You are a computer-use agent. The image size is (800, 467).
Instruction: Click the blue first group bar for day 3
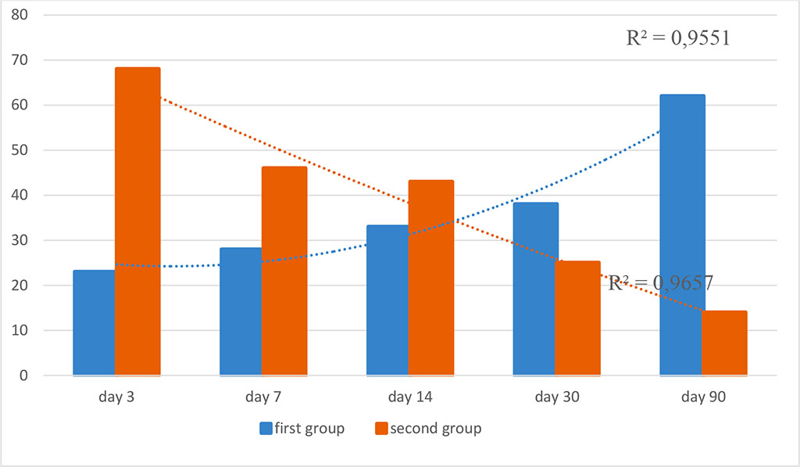coord(94,323)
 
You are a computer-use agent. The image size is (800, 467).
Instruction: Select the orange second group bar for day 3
coord(137,221)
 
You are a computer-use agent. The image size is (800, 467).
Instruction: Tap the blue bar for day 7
coord(241,311)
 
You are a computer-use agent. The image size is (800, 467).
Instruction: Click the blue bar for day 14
coord(387,300)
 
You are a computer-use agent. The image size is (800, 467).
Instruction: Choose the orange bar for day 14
coord(430,278)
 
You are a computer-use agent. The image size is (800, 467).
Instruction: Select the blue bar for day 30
coord(535,289)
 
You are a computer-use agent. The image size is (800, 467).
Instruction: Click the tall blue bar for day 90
coord(682,235)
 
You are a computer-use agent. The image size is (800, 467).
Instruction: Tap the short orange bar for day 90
coord(725,343)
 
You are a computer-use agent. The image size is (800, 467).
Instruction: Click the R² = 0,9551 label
coord(678,38)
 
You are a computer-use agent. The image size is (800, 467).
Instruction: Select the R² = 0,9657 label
coord(661,283)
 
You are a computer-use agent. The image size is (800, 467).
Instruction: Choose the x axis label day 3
coord(116,397)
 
